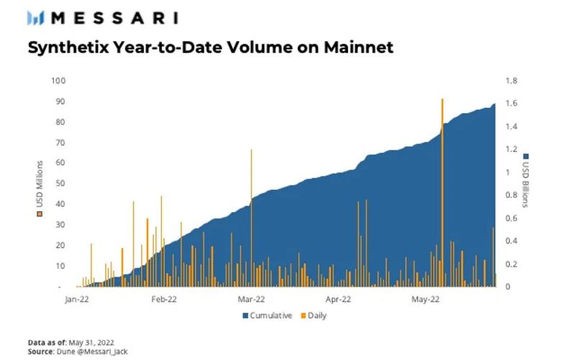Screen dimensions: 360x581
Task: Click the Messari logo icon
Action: click(x=37, y=18)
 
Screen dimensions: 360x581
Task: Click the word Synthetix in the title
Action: click(x=62, y=48)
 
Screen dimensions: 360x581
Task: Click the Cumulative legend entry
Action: click(x=267, y=315)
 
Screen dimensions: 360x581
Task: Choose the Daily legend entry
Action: click(x=314, y=315)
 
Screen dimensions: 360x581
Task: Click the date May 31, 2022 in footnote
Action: click(x=89, y=343)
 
